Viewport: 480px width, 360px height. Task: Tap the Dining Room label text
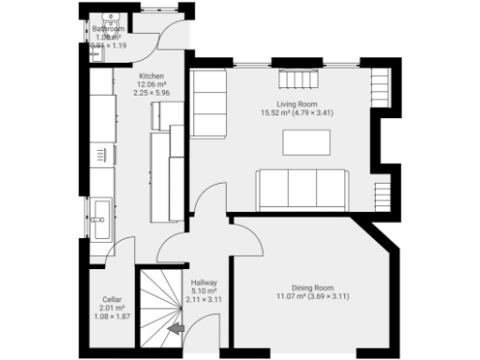tap(312, 287)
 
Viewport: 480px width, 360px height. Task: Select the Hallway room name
tap(203, 281)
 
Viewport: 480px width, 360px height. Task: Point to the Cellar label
tap(112, 300)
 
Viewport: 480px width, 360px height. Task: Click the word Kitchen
tap(152, 75)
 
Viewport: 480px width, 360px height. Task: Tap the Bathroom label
tap(109, 29)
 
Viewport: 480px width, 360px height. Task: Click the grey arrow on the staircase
tap(174, 328)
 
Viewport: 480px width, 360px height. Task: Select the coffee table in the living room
tap(307, 142)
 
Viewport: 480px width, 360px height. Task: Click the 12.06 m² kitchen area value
tap(152, 83)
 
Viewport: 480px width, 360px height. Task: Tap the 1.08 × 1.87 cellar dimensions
tap(112, 317)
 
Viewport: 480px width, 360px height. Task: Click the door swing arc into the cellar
tap(120, 254)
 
